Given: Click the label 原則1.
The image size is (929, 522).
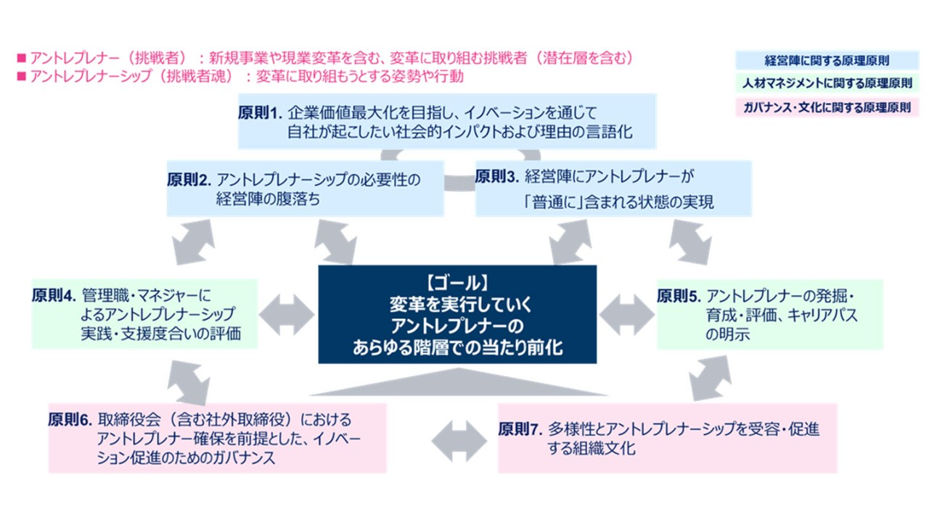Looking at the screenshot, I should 259,113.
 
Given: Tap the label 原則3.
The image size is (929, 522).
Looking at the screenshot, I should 496,176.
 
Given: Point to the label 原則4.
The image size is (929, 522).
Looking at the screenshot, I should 54,296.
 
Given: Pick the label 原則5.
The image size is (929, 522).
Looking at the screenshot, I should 679,296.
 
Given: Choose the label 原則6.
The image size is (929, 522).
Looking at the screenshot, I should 70,420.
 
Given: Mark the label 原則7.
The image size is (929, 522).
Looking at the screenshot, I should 520,429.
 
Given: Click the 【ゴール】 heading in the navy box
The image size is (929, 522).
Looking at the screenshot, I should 457,281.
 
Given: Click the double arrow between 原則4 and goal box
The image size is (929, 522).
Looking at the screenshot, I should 287,314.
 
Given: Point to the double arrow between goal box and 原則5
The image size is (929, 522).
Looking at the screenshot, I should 626,314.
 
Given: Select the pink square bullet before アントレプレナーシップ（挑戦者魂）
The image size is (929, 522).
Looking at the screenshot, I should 21,75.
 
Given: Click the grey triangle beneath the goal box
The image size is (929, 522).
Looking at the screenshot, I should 457,383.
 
